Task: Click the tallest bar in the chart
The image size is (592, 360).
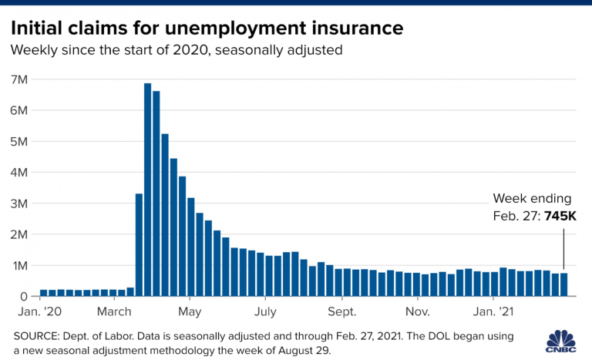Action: pos(147,190)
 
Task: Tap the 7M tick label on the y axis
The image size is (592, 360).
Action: pos(19,79)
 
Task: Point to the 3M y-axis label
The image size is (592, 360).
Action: pos(19,204)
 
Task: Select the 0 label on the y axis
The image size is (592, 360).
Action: pos(24,296)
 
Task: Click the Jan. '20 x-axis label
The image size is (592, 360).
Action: pos(39,312)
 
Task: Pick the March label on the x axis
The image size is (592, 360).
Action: pos(114,312)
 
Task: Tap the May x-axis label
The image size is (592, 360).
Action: pos(190,312)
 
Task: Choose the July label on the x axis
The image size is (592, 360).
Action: pos(265,312)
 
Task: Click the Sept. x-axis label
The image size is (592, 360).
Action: pos(341,312)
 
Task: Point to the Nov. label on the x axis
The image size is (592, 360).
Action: pos(417,312)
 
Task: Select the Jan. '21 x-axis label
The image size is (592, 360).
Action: pos(494,312)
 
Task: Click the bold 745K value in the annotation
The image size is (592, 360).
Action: pos(560,217)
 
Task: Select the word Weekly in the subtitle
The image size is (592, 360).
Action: pos(33,50)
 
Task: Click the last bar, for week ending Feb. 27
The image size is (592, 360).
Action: pos(563,284)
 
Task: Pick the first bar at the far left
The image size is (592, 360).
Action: pos(44,293)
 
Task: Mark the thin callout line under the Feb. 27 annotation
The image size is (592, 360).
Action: pos(563,247)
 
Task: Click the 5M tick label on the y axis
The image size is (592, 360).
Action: pos(19,142)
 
